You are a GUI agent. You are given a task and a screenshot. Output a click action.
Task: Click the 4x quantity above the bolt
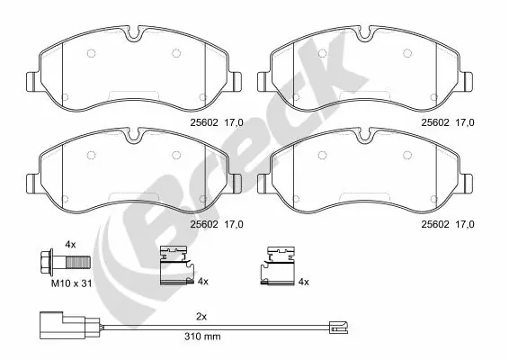coord(71,244)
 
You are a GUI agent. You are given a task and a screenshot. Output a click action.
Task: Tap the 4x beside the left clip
coord(202,282)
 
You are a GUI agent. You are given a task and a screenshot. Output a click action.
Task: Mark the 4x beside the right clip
coord(303,282)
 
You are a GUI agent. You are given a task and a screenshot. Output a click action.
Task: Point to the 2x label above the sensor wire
coord(201,317)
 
